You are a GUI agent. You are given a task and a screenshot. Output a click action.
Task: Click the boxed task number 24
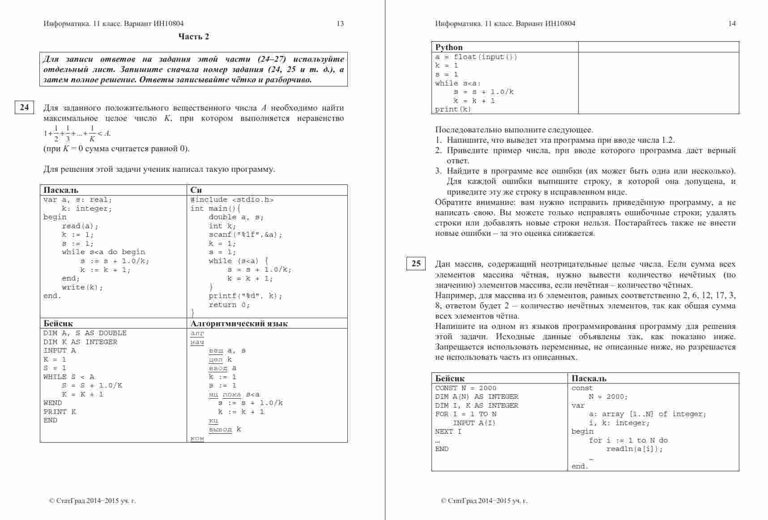click(x=25, y=107)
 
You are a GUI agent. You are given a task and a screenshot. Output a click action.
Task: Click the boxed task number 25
click(x=416, y=264)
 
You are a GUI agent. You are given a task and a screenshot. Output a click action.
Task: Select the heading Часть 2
click(x=193, y=37)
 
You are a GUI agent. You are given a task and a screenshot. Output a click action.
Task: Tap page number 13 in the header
click(x=340, y=24)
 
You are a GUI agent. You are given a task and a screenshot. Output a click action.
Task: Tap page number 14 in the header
click(x=732, y=24)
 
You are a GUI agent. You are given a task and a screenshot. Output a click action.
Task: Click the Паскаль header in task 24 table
click(x=61, y=190)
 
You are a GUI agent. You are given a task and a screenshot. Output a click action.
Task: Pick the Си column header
click(x=196, y=190)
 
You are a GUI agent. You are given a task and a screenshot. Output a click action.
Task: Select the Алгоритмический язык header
click(x=239, y=324)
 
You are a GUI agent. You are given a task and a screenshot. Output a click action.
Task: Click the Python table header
click(x=449, y=47)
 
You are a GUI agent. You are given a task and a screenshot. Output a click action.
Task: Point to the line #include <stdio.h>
click(x=232, y=200)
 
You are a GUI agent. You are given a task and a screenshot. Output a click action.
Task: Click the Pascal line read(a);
click(x=80, y=226)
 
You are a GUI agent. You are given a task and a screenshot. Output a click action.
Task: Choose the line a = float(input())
click(x=476, y=57)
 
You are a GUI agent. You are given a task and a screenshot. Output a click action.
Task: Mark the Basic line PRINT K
click(x=60, y=412)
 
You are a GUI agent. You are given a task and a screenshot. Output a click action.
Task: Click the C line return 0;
click(x=229, y=305)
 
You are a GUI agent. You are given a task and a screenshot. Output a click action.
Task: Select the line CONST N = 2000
click(x=465, y=388)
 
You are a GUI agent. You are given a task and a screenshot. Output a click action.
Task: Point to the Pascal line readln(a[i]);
click(x=634, y=449)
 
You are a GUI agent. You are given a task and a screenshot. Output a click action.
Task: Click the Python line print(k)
click(x=453, y=109)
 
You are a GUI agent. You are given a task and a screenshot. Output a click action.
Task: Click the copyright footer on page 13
click(x=92, y=501)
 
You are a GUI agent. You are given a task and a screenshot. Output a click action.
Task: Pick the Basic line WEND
click(x=53, y=403)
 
